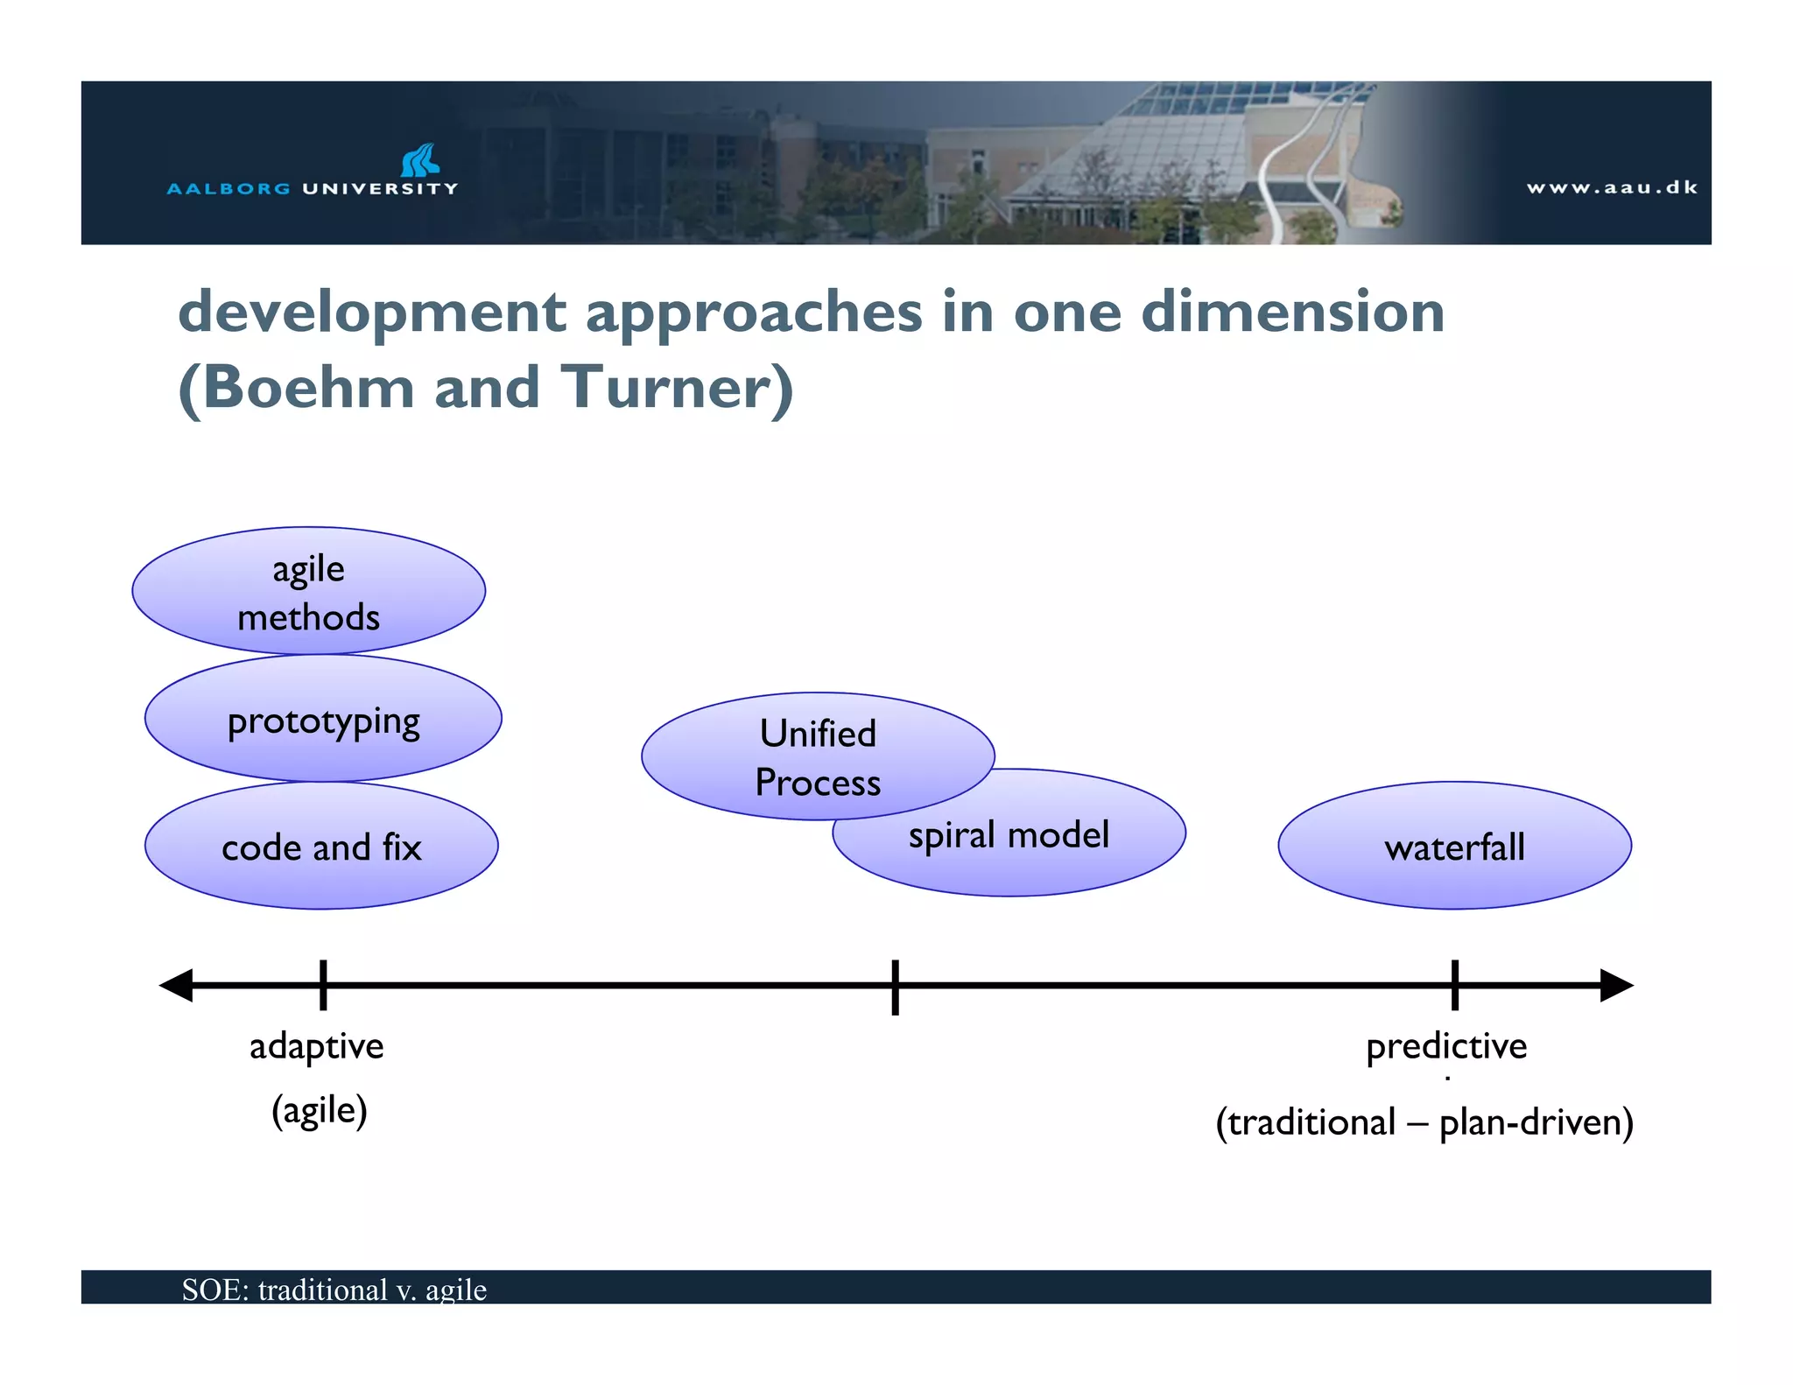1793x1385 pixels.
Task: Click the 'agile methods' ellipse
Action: pyautogui.click(x=308, y=591)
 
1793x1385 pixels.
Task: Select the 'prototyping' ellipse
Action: pyautogui.click(x=323, y=720)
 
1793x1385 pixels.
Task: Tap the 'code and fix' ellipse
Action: pyautogui.click(x=321, y=847)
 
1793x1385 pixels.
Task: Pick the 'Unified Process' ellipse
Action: pyautogui.click(x=817, y=756)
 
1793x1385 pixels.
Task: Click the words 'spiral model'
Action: pyautogui.click(x=1009, y=835)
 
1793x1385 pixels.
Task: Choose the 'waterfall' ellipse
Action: pyautogui.click(x=1454, y=847)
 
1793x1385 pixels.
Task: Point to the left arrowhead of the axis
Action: pyautogui.click(x=176, y=985)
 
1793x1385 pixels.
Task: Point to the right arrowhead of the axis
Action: pyautogui.click(x=1616, y=985)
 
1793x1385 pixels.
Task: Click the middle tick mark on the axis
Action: pyautogui.click(x=895, y=987)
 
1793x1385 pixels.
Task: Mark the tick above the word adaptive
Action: pyautogui.click(x=323, y=985)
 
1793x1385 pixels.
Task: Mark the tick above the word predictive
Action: pyautogui.click(x=1454, y=985)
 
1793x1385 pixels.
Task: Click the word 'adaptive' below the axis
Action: pyautogui.click(x=316, y=1046)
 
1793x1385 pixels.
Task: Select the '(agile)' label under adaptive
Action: pyautogui.click(x=319, y=1111)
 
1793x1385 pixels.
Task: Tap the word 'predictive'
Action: pyautogui.click(x=1446, y=1046)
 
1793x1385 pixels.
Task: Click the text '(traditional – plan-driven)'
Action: pyautogui.click(x=1424, y=1122)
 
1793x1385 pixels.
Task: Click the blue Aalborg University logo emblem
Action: pyautogui.click(x=420, y=160)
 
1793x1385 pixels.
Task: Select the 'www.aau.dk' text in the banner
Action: pyautogui.click(x=1611, y=187)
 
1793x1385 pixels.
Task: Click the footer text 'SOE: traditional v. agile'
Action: pyautogui.click(x=334, y=1290)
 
